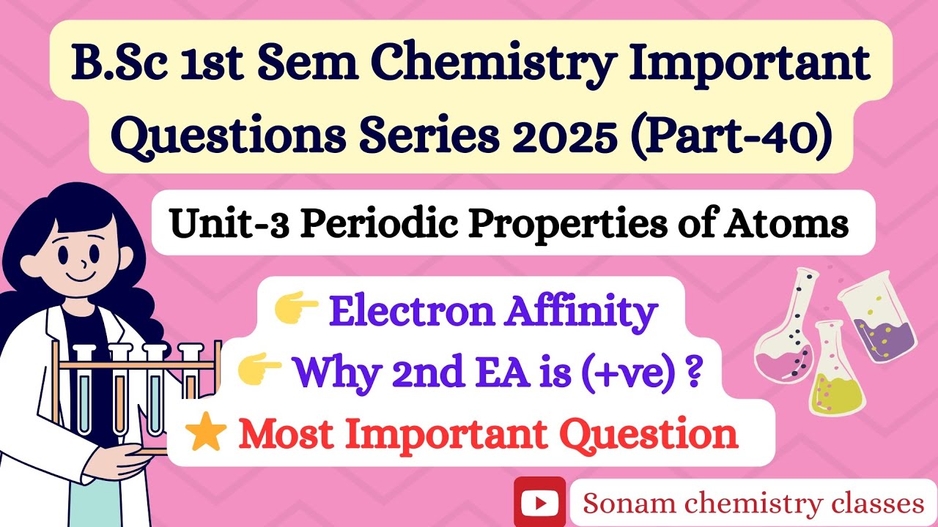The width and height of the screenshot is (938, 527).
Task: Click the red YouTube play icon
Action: [540, 502]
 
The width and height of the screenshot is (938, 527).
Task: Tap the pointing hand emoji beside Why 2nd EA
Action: [260, 371]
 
